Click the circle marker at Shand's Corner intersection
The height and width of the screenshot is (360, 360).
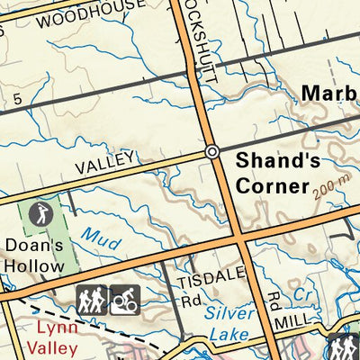[x=212, y=152]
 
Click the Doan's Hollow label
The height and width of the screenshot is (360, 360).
[x=33, y=255]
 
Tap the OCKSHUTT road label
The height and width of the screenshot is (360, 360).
[x=200, y=45]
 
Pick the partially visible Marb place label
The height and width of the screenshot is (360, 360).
[x=329, y=93]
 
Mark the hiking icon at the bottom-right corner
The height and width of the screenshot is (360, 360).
[x=343, y=347]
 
